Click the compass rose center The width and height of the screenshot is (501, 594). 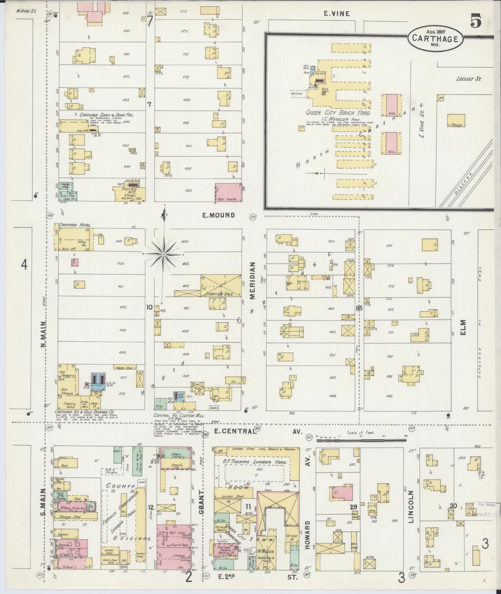[163, 254]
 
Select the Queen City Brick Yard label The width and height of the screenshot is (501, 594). [338, 113]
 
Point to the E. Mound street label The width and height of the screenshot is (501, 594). [218, 215]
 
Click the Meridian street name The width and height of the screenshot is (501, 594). [252, 281]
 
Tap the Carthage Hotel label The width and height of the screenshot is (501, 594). [73, 225]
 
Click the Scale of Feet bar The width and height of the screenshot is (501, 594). [360, 436]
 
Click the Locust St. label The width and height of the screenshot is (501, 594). [468, 79]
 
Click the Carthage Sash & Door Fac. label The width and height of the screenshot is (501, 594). [107, 115]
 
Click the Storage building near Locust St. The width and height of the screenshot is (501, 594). [456, 120]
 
